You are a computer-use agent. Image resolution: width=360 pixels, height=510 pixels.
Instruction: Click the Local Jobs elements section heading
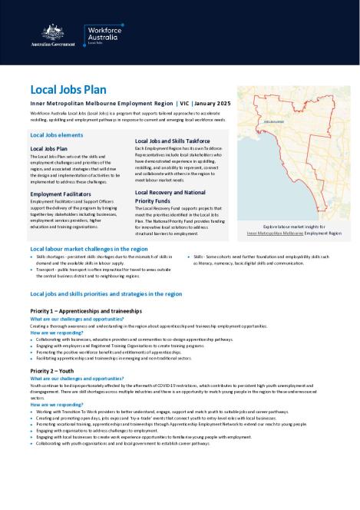tap(56, 134)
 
